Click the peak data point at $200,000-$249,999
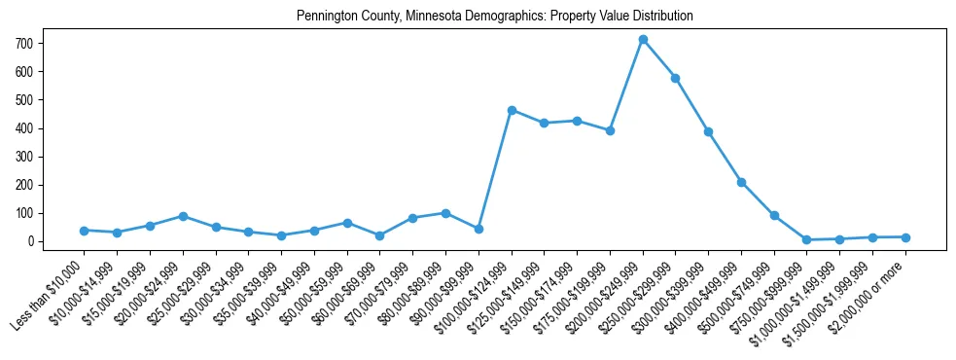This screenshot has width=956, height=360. (643, 40)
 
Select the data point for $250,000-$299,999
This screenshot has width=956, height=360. (676, 78)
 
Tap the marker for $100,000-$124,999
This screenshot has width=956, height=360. (512, 110)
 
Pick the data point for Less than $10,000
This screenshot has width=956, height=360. (85, 231)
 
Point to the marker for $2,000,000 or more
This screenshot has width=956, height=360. (905, 237)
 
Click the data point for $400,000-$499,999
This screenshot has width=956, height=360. (741, 182)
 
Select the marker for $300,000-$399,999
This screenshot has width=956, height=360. (709, 131)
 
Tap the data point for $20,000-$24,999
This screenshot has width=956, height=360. (183, 216)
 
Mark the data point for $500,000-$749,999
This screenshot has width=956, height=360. (774, 215)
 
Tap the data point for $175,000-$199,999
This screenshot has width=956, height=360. (610, 130)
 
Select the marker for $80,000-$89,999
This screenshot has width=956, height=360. (445, 213)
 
